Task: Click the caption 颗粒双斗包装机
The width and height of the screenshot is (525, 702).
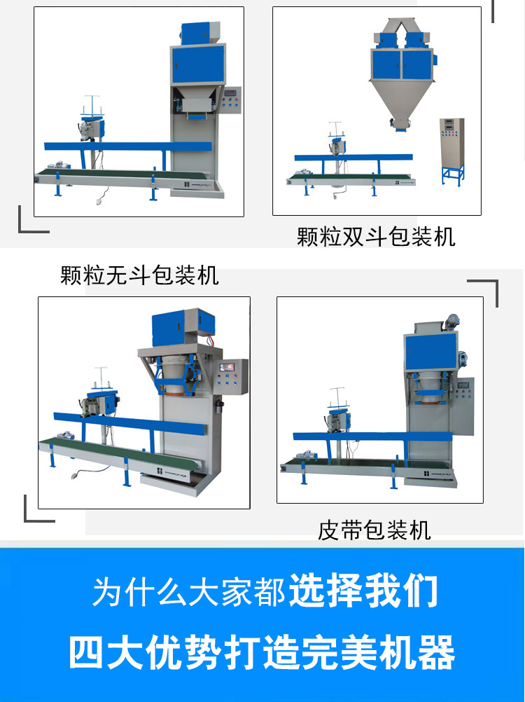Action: [x=376, y=236]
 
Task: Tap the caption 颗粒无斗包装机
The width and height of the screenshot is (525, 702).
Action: [x=139, y=275]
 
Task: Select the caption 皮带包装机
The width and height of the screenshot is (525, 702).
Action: [x=374, y=530]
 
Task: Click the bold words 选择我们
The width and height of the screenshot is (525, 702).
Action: [x=364, y=591]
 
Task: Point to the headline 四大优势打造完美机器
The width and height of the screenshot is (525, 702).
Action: [x=262, y=652]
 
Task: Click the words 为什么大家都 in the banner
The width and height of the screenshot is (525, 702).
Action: [x=189, y=592]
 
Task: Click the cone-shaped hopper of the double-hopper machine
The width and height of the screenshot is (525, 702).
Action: [x=400, y=101]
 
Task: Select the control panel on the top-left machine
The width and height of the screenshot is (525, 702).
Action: [x=231, y=99]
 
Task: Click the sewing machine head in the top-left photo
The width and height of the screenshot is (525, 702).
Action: [x=92, y=128]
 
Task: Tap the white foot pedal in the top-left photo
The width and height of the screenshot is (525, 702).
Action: [x=99, y=201]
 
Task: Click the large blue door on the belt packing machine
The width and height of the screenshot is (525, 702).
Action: [x=431, y=352]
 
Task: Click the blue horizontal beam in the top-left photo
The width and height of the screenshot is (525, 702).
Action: [x=128, y=146]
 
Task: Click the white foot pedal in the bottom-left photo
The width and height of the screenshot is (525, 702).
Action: [x=73, y=476]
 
